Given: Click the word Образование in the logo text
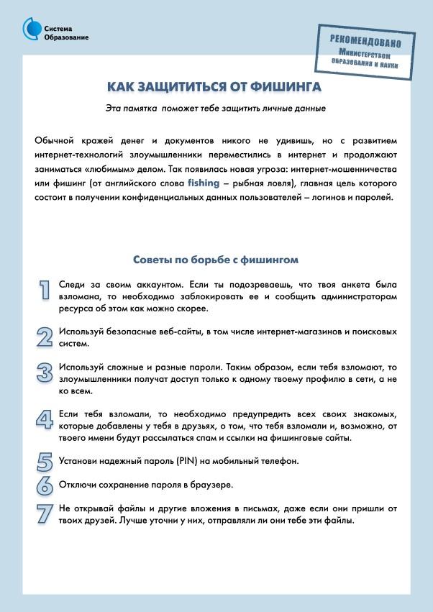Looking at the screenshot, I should (66, 37).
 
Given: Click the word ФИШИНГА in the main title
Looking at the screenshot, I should (285, 87).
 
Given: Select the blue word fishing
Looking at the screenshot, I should (204, 183).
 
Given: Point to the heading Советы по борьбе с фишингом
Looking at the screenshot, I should (216, 260).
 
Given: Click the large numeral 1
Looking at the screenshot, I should (45, 288).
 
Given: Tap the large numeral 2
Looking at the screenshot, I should (45, 337).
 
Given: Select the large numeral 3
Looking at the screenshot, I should (45, 372).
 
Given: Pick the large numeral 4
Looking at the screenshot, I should (45, 419).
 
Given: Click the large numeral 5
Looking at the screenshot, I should (45, 461).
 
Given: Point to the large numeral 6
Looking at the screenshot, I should (45, 485).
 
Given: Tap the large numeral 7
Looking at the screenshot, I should (45, 513).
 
